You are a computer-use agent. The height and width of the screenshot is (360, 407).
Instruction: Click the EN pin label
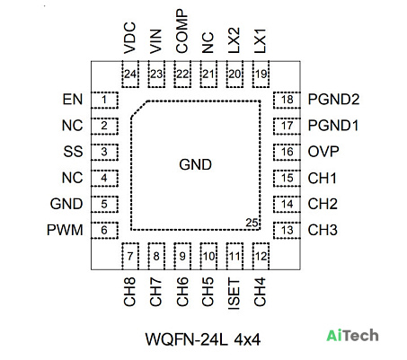click(x=73, y=100)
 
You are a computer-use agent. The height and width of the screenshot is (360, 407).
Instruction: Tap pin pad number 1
click(x=104, y=100)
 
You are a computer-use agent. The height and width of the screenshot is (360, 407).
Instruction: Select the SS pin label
click(x=73, y=152)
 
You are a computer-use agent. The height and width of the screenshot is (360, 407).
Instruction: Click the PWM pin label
click(x=65, y=230)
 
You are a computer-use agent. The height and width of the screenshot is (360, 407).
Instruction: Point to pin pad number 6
click(x=104, y=230)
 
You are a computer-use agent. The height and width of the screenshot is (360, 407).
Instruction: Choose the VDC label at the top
click(x=130, y=38)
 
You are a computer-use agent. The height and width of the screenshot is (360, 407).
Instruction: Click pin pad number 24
click(x=130, y=75)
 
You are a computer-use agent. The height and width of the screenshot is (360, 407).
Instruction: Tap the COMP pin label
click(x=181, y=31)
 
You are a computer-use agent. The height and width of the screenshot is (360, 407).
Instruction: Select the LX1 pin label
click(x=260, y=40)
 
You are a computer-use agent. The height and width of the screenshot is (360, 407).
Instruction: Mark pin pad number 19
click(x=261, y=75)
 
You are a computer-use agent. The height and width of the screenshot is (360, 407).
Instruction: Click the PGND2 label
click(x=333, y=100)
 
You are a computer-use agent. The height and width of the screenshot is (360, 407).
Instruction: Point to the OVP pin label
click(x=323, y=152)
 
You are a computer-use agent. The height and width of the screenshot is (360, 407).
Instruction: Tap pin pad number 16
click(x=287, y=152)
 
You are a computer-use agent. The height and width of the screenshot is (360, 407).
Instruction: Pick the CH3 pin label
click(x=323, y=230)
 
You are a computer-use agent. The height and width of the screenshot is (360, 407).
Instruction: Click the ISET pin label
click(x=234, y=294)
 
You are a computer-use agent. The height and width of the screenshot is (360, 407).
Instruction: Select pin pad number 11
click(x=234, y=256)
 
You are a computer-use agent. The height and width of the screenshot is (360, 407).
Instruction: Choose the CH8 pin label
click(x=129, y=292)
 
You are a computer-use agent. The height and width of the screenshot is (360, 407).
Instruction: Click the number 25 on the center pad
click(x=252, y=223)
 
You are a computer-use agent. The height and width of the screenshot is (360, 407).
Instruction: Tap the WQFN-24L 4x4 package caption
click(x=203, y=339)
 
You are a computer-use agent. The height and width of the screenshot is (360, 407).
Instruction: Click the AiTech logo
click(x=352, y=335)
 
